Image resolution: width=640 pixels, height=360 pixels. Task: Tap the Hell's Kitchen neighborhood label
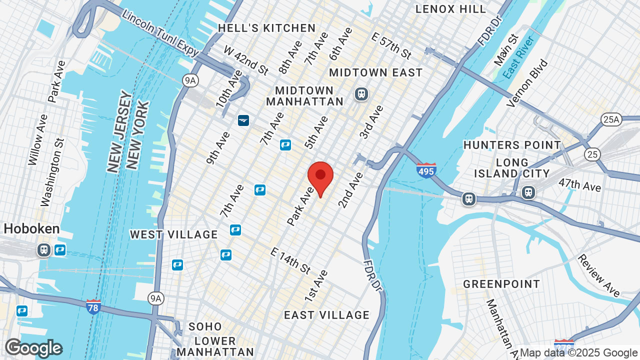click(266, 28)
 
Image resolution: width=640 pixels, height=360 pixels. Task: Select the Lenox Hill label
click(450, 9)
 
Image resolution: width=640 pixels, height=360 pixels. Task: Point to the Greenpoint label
click(501, 284)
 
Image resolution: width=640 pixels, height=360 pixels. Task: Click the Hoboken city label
click(31, 229)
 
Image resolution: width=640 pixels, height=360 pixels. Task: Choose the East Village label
click(327, 315)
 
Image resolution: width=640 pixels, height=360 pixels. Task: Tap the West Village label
click(174, 234)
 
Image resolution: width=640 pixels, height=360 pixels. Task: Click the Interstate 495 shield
click(426, 170)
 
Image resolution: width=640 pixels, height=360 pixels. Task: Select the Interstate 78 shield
click(93, 306)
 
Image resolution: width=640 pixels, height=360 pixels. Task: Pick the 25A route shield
click(611, 119)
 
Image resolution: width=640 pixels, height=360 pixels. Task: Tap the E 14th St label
click(290, 260)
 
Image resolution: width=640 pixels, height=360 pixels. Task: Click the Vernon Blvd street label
click(527, 83)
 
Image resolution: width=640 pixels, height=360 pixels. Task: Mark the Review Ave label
click(598, 275)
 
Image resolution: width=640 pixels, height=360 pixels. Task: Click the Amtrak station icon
click(243, 120)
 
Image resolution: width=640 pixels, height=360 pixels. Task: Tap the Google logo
click(33, 348)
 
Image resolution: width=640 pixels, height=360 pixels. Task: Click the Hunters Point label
click(512, 145)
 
